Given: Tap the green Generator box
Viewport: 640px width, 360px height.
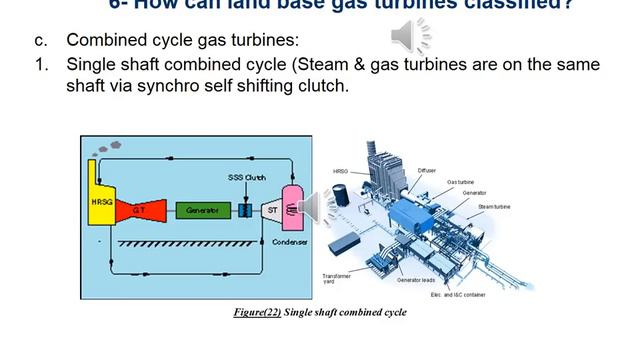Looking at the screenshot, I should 203,210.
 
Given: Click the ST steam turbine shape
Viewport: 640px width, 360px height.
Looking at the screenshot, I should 271,210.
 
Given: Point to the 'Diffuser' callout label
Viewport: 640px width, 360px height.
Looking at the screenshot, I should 429,170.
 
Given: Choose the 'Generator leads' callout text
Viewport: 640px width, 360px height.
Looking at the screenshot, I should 420,280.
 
